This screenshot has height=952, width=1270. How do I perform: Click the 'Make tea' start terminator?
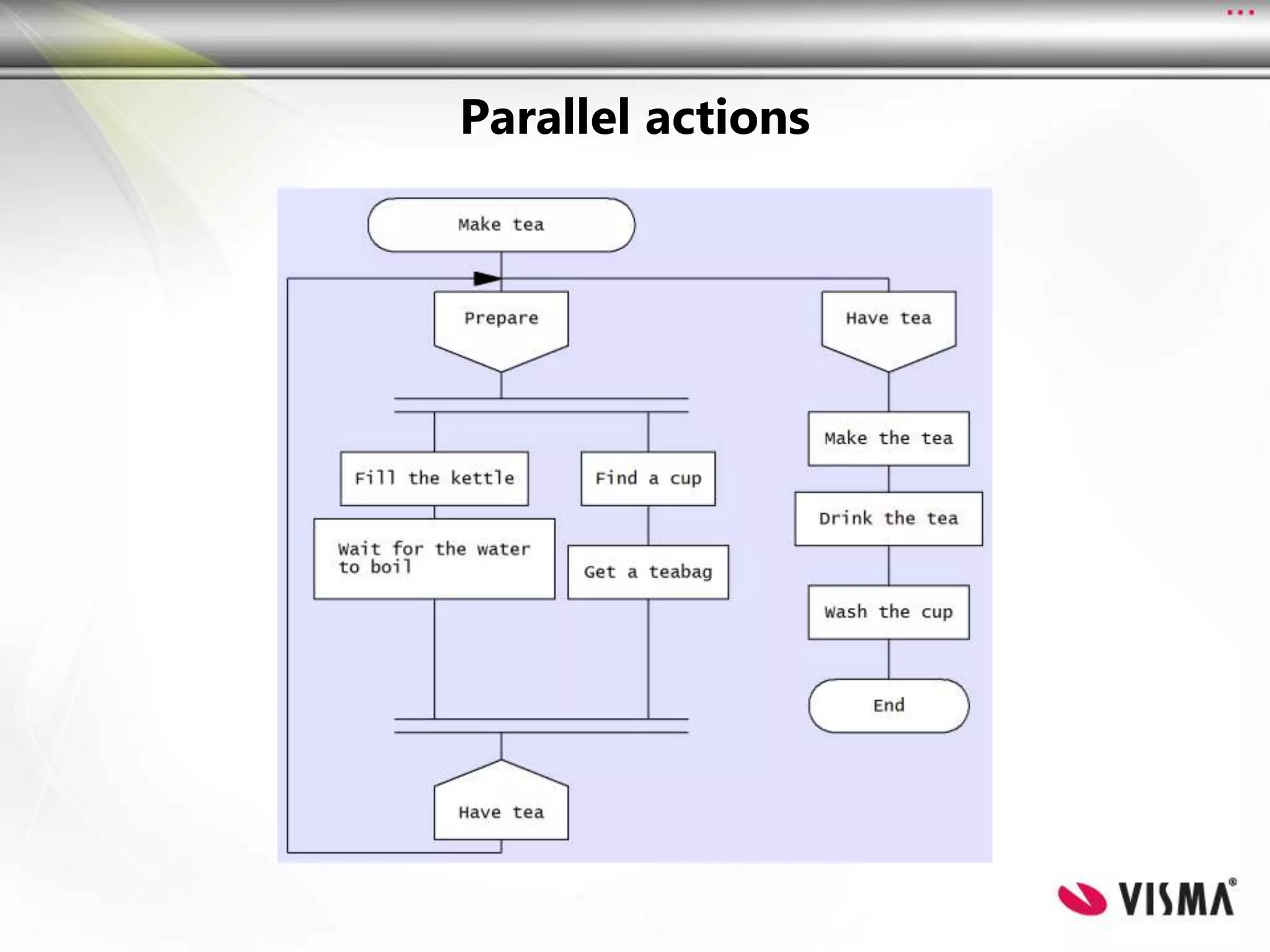(x=501, y=224)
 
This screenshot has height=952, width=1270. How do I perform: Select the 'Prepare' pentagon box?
(x=501, y=325)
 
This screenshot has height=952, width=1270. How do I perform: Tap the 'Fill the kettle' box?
(x=434, y=478)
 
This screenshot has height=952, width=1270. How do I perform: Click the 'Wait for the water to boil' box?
(x=434, y=558)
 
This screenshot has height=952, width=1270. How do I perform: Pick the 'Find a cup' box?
(x=648, y=478)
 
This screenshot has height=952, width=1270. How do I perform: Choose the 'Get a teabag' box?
(x=648, y=572)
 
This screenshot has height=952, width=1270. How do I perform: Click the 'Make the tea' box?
(x=888, y=438)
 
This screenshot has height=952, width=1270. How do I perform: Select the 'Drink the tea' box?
(x=888, y=519)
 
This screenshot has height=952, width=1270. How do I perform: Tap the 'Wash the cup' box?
(x=888, y=612)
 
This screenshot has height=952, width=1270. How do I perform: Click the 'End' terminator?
(x=888, y=705)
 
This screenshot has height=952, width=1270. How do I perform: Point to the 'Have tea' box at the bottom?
(x=501, y=806)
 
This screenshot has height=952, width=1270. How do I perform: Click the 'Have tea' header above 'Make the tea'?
(x=888, y=325)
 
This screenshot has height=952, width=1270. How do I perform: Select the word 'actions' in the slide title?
(x=727, y=117)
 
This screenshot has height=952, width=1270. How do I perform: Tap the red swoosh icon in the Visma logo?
(x=1082, y=898)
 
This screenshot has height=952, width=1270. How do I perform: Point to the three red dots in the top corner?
(x=1240, y=12)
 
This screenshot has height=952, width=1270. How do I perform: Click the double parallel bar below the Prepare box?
(x=541, y=405)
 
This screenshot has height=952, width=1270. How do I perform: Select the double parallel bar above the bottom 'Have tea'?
(x=541, y=726)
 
